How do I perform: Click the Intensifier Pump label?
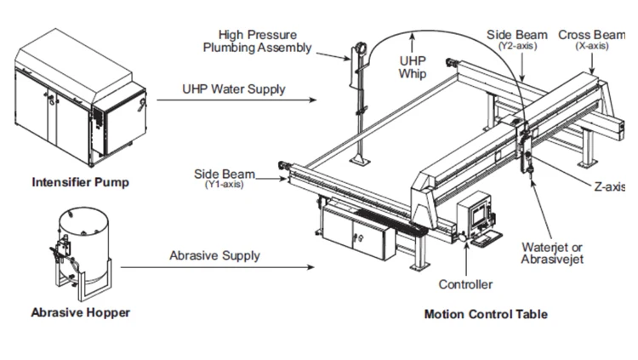[81, 182]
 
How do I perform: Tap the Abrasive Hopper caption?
[81, 312]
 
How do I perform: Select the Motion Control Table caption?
[486, 314]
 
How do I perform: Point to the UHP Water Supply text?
[234, 89]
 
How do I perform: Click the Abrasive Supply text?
[215, 256]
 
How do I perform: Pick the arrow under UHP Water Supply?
[236, 100]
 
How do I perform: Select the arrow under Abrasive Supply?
[218, 267]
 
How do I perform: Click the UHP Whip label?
[413, 67]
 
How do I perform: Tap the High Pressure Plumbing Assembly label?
[257, 41]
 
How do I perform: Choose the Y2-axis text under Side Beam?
[517, 46]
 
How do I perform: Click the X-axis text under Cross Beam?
[592, 46]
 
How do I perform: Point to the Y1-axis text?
[225, 185]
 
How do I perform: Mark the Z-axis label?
[610, 187]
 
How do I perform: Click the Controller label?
[465, 284]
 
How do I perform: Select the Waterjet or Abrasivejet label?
[552, 253]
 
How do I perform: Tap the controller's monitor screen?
[479, 214]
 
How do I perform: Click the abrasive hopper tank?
[83, 244]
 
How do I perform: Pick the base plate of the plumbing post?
[360, 162]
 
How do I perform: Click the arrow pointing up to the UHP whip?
[413, 43]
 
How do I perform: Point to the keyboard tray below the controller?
[487, 238]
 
